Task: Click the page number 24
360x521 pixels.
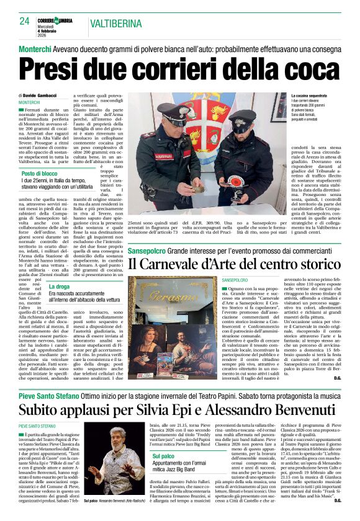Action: [x=24, y=21]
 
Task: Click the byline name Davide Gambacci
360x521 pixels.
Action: [x=42, y=96]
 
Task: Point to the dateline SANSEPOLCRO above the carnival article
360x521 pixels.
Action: [x=234, y=280]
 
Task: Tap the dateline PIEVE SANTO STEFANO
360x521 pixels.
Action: [x=38, y=425]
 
